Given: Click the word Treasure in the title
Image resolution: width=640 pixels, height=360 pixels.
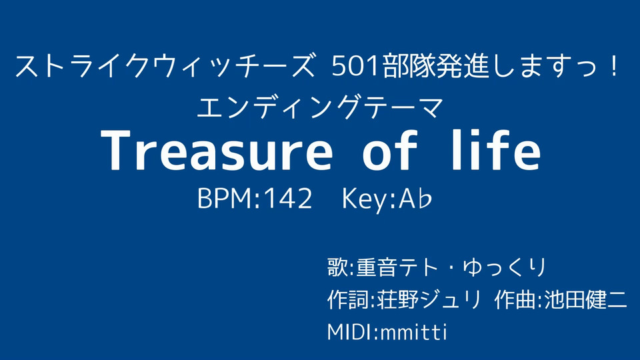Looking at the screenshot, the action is point(216,150).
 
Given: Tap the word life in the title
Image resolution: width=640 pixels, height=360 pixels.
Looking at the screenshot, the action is point(495,149).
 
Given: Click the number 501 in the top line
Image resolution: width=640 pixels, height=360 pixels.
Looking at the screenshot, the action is point(356,67).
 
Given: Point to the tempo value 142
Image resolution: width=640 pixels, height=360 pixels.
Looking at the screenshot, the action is point(288,199).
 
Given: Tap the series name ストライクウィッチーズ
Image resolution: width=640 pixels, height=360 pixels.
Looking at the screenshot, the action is point(165,67).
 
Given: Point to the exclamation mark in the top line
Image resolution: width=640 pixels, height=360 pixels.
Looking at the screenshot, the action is point(614,65).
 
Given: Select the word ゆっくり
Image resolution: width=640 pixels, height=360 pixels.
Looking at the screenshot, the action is point(505,267).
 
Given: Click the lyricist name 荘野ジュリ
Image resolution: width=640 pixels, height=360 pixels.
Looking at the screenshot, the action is point(429,300).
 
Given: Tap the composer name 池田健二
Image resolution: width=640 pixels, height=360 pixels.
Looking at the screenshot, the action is point(586,300).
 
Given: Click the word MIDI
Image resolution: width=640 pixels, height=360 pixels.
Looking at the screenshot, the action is point(351,332).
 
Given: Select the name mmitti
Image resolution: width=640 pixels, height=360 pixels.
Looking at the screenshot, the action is point(413,332).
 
